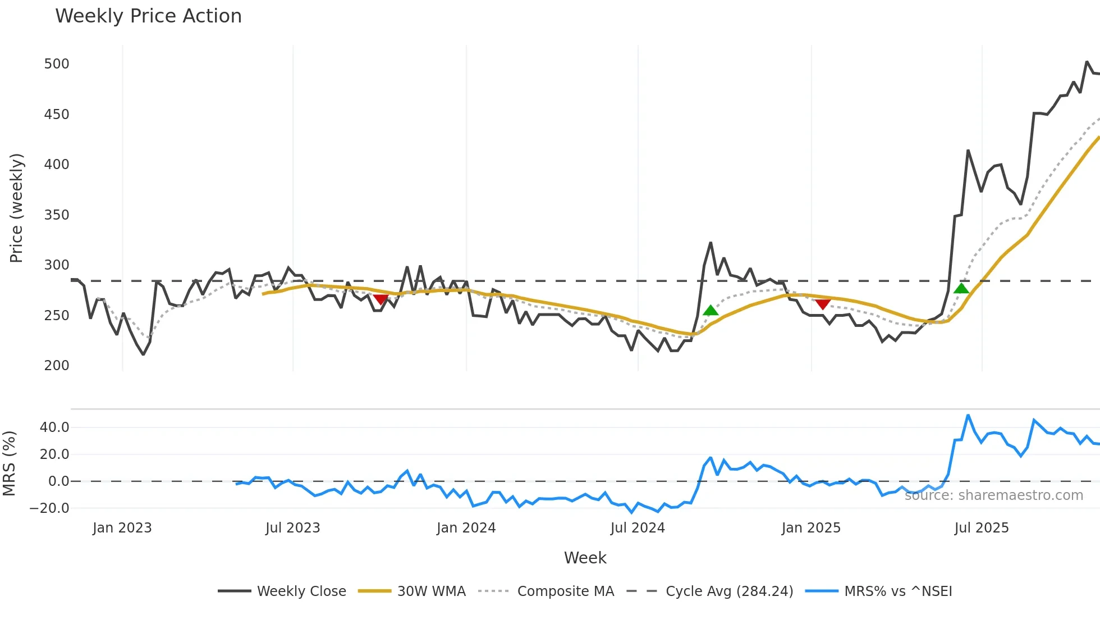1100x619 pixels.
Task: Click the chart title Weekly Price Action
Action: (x=148, y=16)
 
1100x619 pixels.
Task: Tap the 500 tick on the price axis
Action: (x=57, y=64)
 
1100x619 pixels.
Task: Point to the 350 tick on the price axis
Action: (x=57, y=215)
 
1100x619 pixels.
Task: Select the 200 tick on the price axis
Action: (x=57, y=366)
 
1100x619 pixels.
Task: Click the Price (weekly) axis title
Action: (x=16, y=208)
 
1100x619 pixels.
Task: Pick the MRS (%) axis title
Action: (x=9, y=463)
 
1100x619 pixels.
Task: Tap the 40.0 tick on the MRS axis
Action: (x=54, y=427)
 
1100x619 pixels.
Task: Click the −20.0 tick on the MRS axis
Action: (x=49, y=508)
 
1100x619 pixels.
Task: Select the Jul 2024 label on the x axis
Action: (x=638, y=528)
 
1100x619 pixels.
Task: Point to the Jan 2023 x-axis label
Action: (x=122, y=528)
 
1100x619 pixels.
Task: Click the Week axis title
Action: (x=585, y=558)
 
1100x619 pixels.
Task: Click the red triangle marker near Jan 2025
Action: (x=823, y=304)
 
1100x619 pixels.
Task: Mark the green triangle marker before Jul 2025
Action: (x=961, y=289)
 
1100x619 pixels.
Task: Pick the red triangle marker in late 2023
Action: (x=381, y=299)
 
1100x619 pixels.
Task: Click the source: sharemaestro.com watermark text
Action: (x=993, y=495)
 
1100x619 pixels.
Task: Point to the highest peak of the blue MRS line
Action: (x=968, y=416)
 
